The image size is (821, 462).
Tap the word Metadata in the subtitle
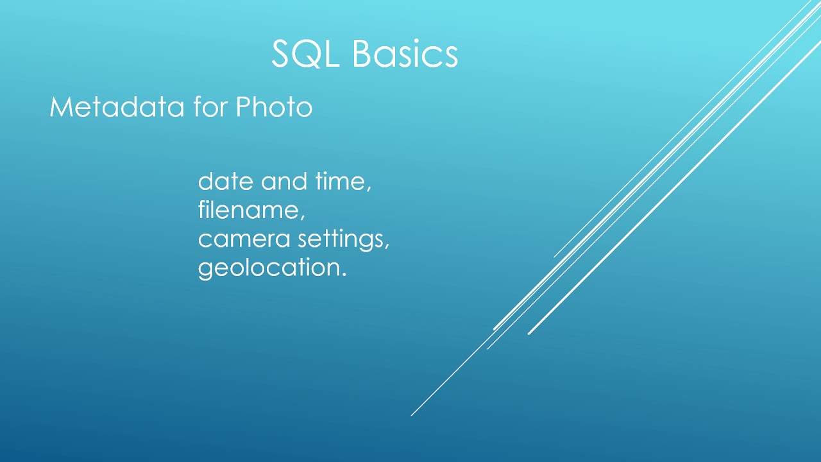pos(117,107)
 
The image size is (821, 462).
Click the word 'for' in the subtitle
pos(210,107)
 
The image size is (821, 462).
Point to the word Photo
pos(274,107)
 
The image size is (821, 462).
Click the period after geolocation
pos(344,274)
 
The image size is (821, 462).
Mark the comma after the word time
pos(369,189)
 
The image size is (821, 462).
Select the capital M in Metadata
pos(60,107)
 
